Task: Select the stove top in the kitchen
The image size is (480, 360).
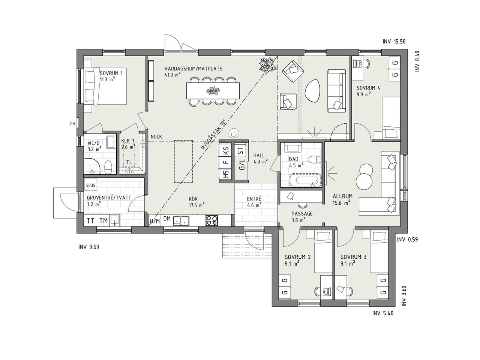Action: click(x=211, y=220)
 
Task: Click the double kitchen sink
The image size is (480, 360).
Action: click(x=181, y=220)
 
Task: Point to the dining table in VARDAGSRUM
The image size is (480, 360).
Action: click(x=213, y=90)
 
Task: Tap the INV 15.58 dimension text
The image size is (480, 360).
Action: click(x=394, y=42)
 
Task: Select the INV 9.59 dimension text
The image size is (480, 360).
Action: click(x=89, y=247)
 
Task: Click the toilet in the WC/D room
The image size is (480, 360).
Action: click(x=108, y=167)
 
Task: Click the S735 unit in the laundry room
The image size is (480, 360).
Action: click(x=90, y=185)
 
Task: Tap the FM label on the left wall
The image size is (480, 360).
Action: click(x=73, y=124)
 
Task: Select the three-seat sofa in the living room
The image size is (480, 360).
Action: click(x=336, y=91)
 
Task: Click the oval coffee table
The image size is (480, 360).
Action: click(x=313, y=91)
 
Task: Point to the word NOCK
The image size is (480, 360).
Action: click(x=156, y=137)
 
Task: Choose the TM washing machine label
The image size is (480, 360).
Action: click(x=103, y=221)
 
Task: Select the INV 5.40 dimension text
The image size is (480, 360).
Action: click(x=383, y=313)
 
